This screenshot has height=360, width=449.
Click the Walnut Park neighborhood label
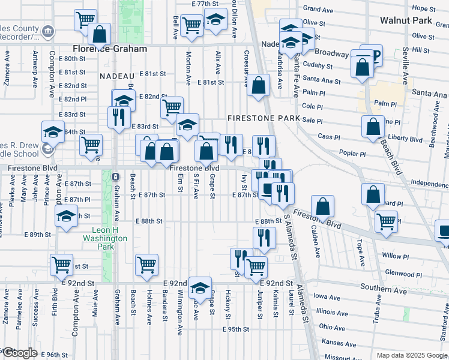(x=406, y=20)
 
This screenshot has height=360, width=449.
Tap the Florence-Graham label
(x=110, y=49)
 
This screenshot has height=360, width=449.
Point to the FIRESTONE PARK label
(x=264, y=118)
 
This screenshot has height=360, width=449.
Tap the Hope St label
(x=424, y=8)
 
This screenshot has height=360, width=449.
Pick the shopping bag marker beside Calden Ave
(x=323, y=207)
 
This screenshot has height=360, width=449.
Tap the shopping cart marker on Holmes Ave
(x=146, y=265)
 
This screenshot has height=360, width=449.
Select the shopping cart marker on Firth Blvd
(x=61, y=265)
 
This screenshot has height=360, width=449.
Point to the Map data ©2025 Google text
(x=411, y=355)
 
